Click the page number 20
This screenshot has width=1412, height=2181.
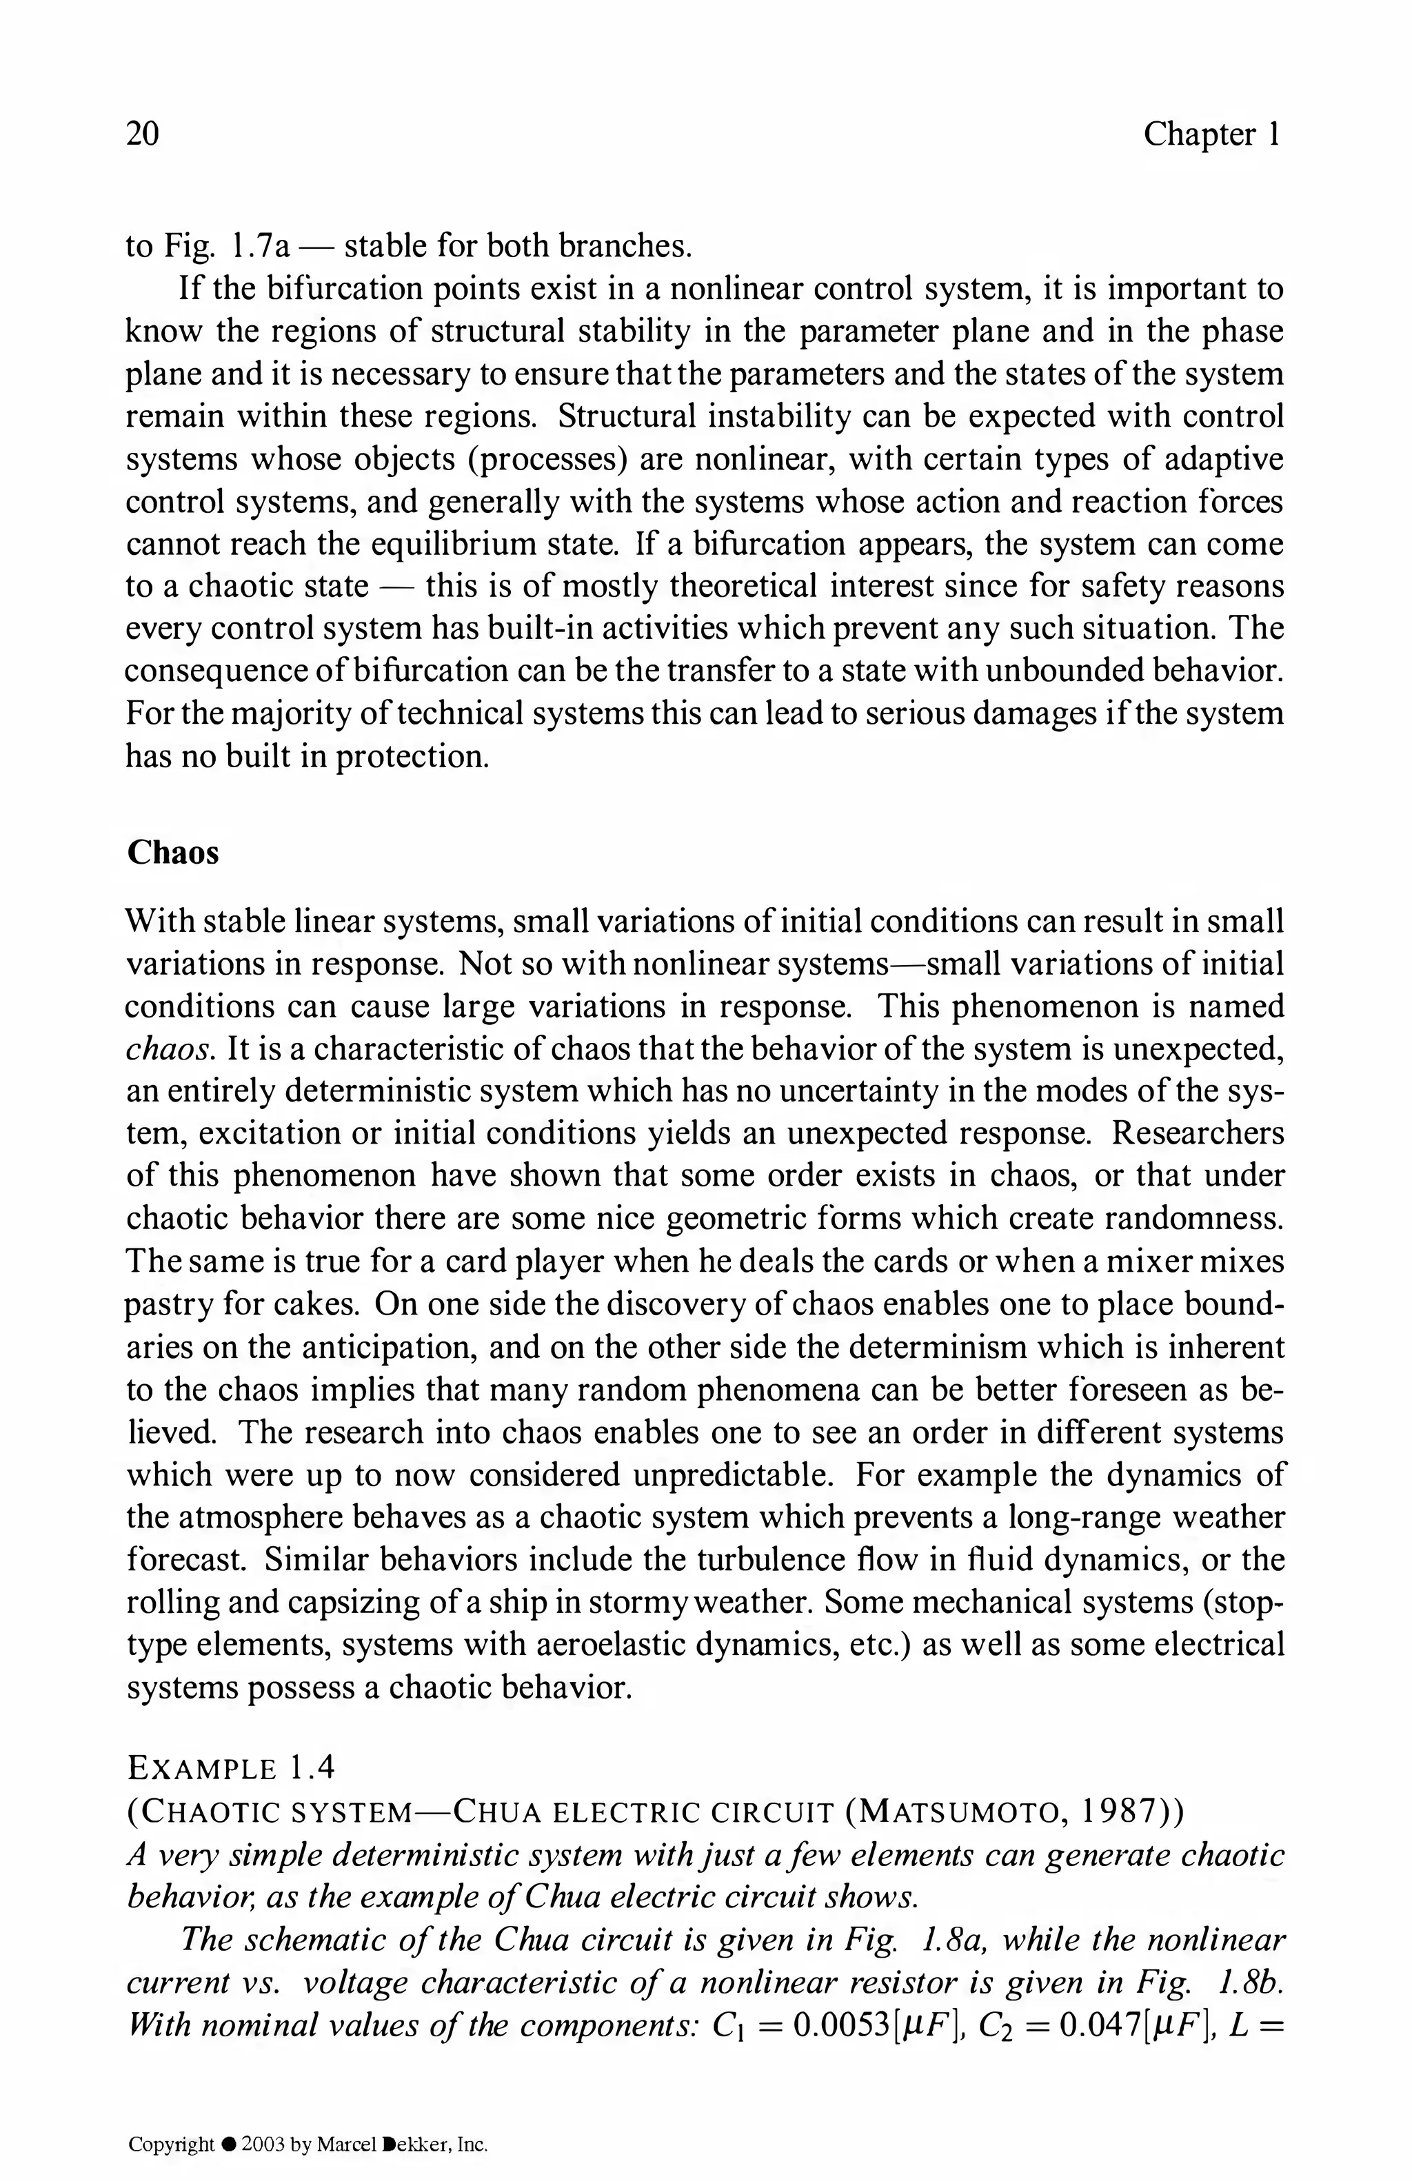(142, 134)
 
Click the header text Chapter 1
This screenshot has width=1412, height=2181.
(1211, 134)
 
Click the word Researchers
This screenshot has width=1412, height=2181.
(1198, 1133)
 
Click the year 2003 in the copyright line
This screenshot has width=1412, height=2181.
(263, 2145)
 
